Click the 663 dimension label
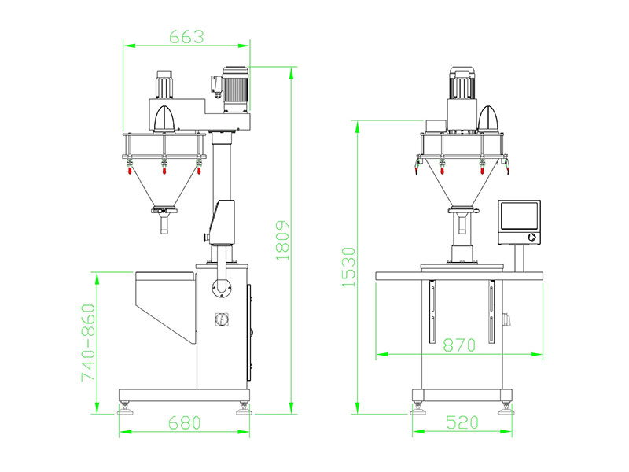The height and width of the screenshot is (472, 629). pos(186,37)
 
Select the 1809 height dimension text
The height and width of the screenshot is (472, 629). pos(282,241)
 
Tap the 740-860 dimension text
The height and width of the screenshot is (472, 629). pos(88,342)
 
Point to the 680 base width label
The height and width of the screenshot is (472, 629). pos(185,422)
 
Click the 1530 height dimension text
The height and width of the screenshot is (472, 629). pos(348,267)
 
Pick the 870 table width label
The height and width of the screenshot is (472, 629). pos(459,345)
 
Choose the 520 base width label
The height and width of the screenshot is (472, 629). pos(462,422)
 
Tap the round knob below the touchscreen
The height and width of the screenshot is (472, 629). pos(532,237)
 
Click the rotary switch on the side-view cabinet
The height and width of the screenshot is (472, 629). pos(221,319)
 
